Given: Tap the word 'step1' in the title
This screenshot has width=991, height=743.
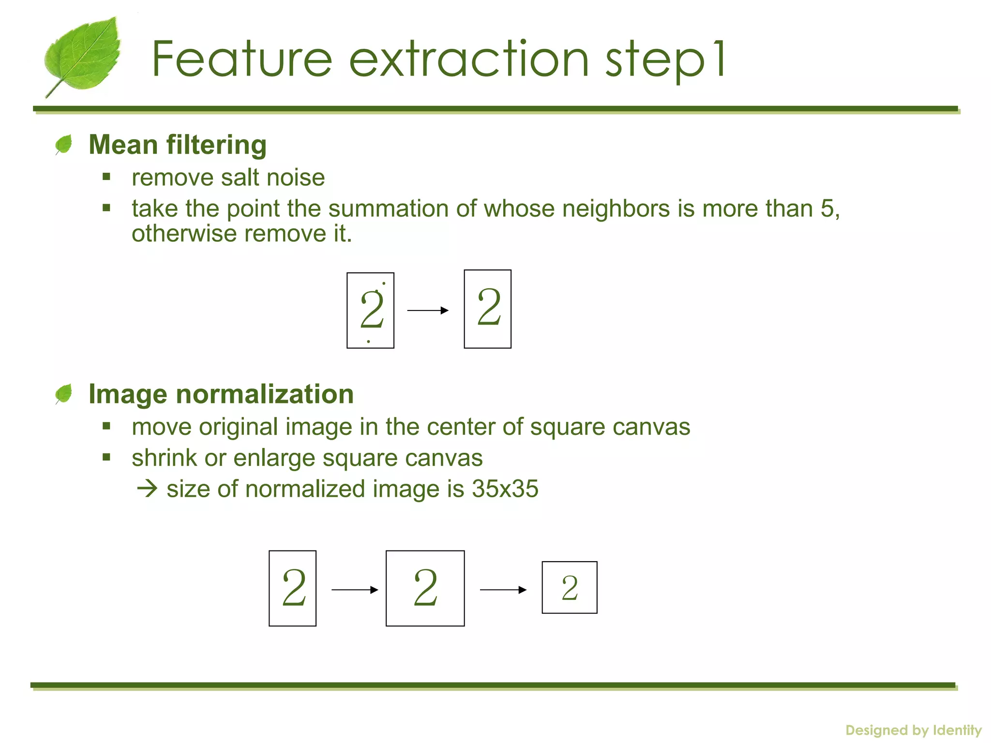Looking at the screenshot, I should point(665,60).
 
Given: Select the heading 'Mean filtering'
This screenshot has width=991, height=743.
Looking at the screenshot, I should point(178,145).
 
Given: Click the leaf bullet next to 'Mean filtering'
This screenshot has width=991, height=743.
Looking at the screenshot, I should point(64,144).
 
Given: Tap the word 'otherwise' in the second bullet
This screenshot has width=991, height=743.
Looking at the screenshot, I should point(185,234).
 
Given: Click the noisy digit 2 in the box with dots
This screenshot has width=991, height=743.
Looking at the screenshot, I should point(371,310).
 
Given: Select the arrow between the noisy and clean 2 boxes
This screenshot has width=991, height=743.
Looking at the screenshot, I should point(428,310).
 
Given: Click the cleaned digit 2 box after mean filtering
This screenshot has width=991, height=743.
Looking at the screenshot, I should point(488,309).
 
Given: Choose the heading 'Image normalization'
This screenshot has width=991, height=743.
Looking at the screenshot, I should point(221,394).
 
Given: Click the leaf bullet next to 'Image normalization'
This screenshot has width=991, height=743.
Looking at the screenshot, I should point(64,393).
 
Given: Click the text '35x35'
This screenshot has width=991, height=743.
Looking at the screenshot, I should point(505,489).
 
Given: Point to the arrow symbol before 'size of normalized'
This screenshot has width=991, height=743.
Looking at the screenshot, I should point(147,489).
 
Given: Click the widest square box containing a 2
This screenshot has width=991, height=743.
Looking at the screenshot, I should point(425,588).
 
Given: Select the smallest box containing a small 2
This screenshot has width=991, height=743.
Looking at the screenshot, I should point(570,588).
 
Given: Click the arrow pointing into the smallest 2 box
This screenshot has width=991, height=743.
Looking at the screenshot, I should point(503,590).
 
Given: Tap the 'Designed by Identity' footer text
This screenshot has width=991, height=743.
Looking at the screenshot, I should point(914,730).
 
